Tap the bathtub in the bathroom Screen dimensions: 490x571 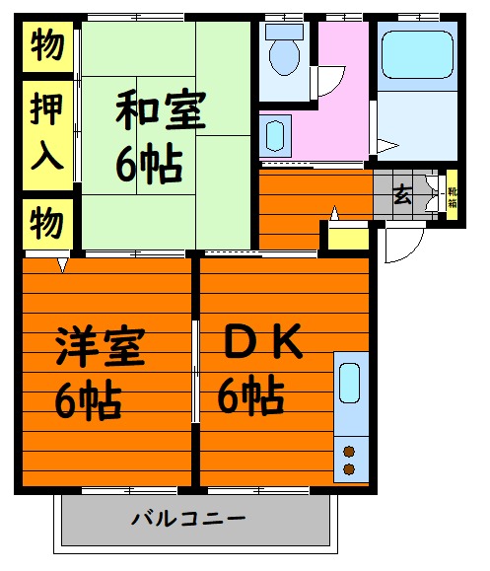coord(417,55)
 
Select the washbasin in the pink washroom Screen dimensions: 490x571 coord(275,136)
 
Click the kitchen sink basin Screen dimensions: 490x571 coord(349,383)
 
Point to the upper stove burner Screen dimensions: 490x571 coord(349,452)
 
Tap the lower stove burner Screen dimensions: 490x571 coord(349,469)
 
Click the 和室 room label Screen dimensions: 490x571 coord(161,109)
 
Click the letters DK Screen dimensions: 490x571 coord(263,341)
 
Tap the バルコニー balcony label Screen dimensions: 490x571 coord(188,518)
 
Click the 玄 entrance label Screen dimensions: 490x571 coord(402,194)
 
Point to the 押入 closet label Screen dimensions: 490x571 coord(46,132)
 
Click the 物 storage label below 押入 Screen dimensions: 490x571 coord(47,223)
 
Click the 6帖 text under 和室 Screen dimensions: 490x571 coord(149,165)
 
